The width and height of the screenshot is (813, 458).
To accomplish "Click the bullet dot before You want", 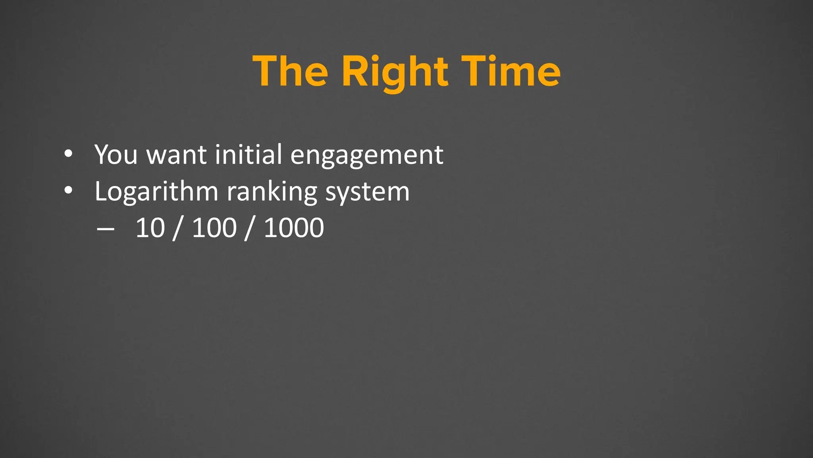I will click(x=68, y=154).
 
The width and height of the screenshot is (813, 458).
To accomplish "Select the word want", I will click(x=176, y=155).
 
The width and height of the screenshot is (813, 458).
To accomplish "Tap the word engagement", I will click(x=367, y=156).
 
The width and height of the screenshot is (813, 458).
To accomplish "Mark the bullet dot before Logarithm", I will click(x=68, y=191).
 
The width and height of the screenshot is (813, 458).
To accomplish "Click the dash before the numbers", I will click(x=105, y=229).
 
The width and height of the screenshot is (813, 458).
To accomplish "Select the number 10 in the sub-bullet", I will click(x=150, y=228).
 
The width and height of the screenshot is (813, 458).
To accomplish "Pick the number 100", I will click(x=214, y=228).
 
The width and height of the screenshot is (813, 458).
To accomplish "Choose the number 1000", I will click(x=294, y=228).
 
